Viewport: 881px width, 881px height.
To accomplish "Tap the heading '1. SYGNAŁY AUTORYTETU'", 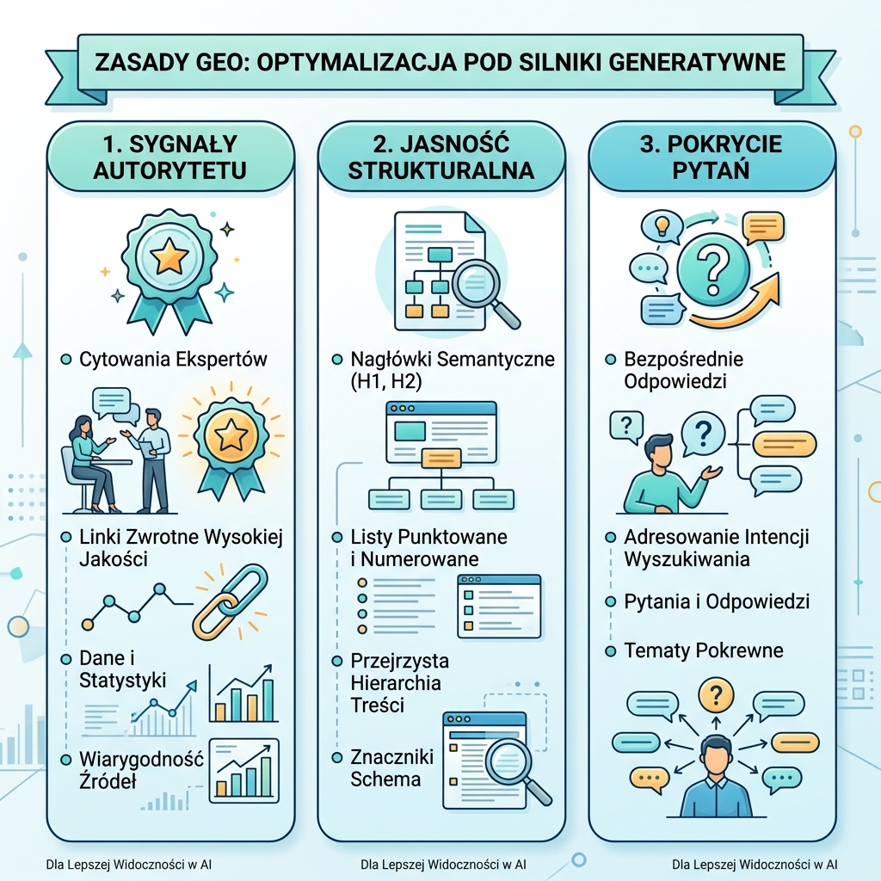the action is pos(169,157).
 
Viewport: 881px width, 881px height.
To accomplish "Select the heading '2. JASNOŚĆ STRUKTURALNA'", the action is pos(441,157).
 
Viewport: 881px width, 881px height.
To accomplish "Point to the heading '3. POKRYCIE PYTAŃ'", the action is pos(711,157).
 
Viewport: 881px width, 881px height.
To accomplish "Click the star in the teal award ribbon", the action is pos(169,258).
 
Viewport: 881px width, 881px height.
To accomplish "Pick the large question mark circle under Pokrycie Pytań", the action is pos(713,268).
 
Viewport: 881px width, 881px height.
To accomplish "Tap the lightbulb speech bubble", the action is pos(662,226).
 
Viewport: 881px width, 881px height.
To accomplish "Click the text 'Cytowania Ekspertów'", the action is pos(173,359).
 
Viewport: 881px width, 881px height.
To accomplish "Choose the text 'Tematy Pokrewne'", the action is pos(704,650).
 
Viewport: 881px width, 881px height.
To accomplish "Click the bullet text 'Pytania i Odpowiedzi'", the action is pos(717,601).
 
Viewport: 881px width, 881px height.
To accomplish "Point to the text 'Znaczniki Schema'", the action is pos(391,768).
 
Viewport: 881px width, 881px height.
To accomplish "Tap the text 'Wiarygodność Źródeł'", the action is pos(141,770).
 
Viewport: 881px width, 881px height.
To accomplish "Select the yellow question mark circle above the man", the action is pos(716,695).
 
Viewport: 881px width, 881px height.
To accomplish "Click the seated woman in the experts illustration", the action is pos(89,464).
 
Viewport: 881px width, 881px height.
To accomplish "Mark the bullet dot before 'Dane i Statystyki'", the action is pos(66,658).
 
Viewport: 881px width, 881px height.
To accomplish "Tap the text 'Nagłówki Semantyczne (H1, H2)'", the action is pos(453,370).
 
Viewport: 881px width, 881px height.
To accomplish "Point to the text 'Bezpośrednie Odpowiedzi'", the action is pos(683,370).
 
